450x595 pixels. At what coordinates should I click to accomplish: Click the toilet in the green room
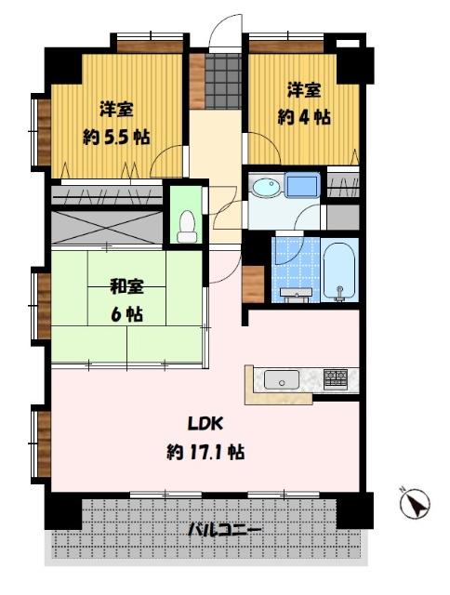click(186, 223)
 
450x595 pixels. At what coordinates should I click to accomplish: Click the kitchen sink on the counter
click(281, 379)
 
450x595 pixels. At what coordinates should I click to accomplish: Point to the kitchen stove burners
click(337, 378)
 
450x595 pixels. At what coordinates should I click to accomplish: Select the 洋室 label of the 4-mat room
click(303, 91)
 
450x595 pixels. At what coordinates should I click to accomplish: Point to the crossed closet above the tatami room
click(104, 228)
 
